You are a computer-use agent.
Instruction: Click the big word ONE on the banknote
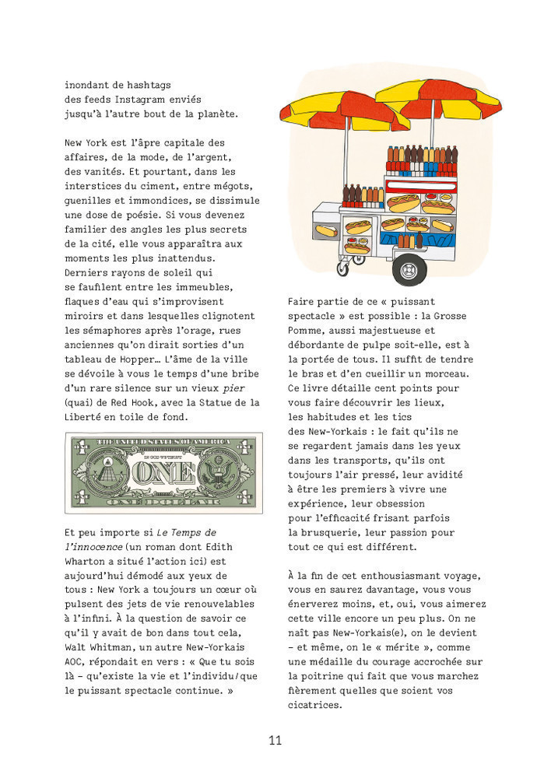point(163,472)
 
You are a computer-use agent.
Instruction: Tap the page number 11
point(275,740)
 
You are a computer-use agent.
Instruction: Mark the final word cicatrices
point(315,704)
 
